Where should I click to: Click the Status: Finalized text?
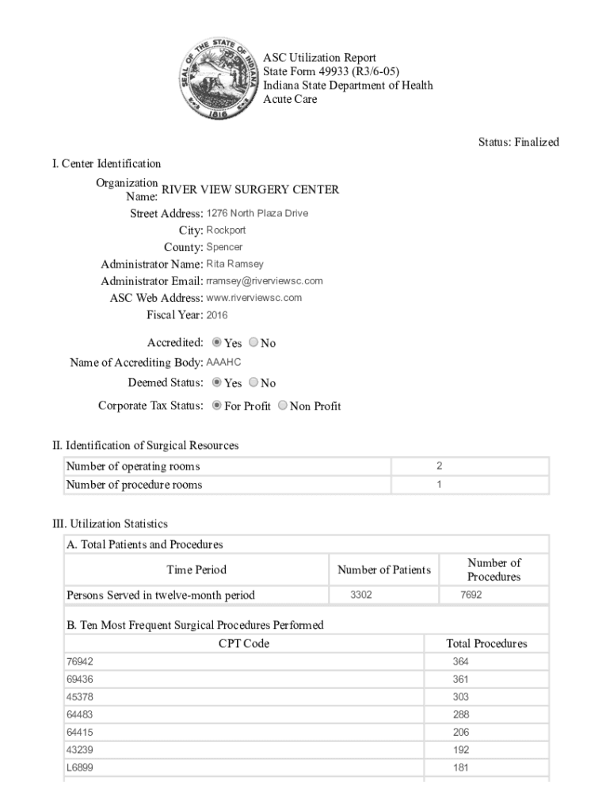(518, 142)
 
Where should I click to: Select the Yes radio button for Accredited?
(217, 343)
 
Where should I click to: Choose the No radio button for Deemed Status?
(254, 383)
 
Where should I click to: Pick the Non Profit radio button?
(283, 405)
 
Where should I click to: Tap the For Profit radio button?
(217, 405)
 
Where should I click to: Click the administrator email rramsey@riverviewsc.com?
(265, 281)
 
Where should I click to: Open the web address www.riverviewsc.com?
(254, 298)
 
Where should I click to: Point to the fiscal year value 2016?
(217, 315)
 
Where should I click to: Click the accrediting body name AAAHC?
(223, 362)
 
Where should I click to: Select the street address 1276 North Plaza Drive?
(257, 213)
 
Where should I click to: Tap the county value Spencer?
(224, 247)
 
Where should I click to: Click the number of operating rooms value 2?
(439, 466)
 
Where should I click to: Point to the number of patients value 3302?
(362, 595)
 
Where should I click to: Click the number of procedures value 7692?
(471, 595)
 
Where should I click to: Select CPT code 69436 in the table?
(79, 680)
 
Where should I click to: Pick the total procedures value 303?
(460, 697)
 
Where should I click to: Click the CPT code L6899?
(79, 767)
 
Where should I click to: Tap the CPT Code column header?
(244, 644)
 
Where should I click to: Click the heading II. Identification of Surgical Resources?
(145, 445)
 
